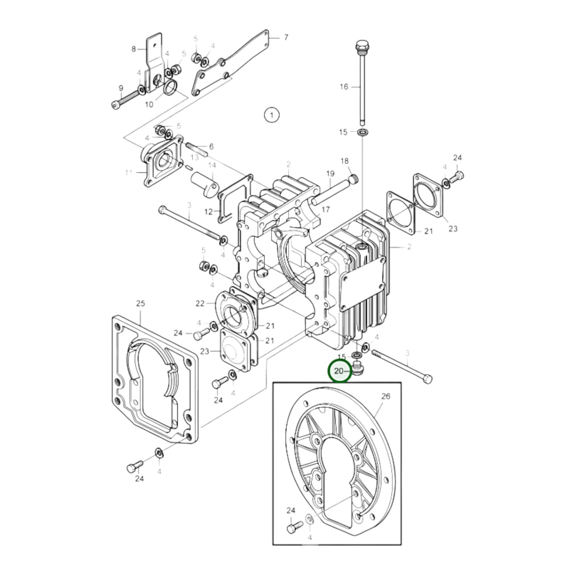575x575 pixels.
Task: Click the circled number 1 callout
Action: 271,115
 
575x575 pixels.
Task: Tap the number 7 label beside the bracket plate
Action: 286,38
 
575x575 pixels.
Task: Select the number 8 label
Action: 134,49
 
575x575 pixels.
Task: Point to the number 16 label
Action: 344,87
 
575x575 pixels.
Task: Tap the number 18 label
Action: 344,161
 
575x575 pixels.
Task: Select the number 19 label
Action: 330,173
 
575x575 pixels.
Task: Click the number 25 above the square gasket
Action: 140,304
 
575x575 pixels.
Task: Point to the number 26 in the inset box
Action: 386,396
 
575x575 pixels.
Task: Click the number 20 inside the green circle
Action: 339,371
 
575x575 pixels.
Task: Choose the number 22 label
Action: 200,304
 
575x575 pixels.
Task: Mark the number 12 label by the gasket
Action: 209,212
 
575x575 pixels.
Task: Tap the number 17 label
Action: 326,210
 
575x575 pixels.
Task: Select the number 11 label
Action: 128,173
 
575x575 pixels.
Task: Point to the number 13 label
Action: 194,157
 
